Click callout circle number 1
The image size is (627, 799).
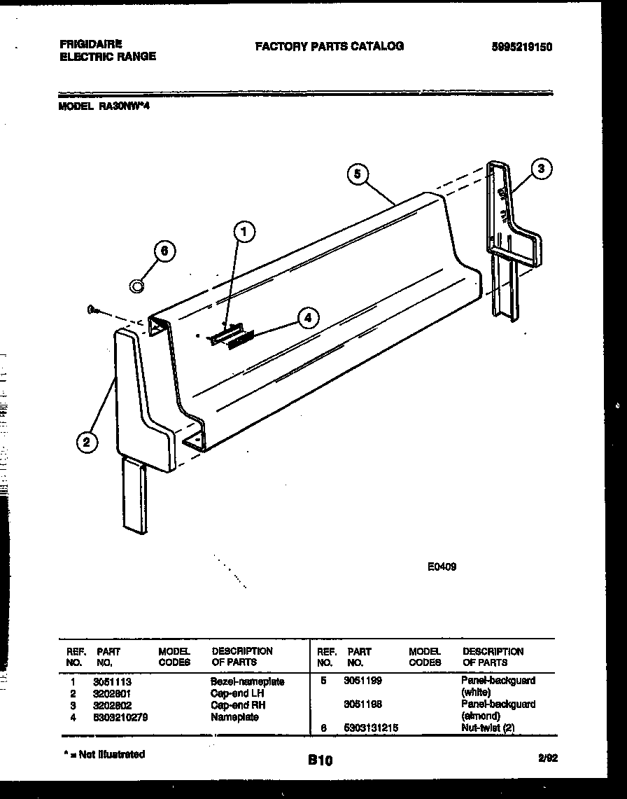(244, 232)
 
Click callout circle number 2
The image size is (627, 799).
(86, 441)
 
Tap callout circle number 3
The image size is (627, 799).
(541, 168)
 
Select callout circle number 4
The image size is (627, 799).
(307, 318)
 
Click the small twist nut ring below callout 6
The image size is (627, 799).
(137, 285)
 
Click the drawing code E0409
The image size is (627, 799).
(442, 567)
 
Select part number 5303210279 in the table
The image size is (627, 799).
(120, 717)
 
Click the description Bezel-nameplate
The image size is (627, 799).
(247, 681)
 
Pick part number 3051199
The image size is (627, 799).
(362, 680)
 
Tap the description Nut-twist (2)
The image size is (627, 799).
(488, 728)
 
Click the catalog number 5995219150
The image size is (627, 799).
(522, 47)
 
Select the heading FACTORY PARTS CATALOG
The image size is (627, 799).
(329, 46)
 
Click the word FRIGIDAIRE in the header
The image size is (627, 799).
(86, 43)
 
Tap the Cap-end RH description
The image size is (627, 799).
(238, 705)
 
